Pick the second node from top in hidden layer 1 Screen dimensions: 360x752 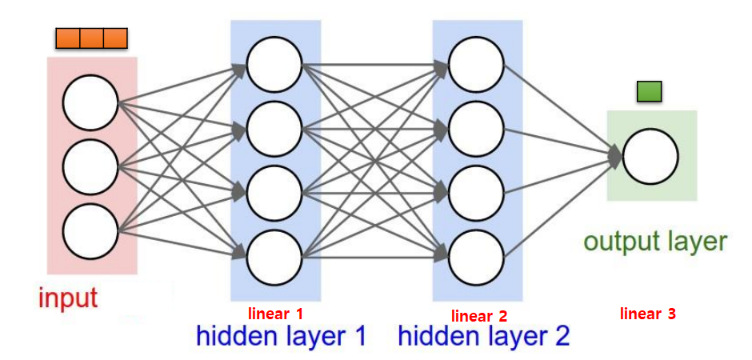[274, 128]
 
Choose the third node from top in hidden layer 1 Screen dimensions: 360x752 [274, 192]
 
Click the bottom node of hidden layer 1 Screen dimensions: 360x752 [274, 255]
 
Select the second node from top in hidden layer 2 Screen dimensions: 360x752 [477, 128]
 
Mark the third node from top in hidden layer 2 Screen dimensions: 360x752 [477, 192]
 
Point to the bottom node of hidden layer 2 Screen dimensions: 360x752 [477, 255]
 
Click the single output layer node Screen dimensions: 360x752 [650, 156]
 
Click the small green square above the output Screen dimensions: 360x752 [649, 92]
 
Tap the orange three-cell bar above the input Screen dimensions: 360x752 [91, 38]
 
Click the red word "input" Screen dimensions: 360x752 [68, 298]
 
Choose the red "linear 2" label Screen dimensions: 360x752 [479, 315]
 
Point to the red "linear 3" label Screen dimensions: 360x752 [648, 314]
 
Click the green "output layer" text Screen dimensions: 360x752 [655, 242]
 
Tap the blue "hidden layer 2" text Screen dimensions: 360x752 [484, 335]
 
